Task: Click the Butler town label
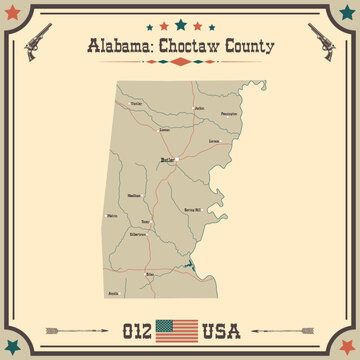pyautogui.click(x=168, y=159)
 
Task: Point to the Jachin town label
pyautogui.click(x=199, y=108)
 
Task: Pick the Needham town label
pyautogui.click(x=141, y=197)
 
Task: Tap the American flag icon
pyautogui.click(x=180, y=326)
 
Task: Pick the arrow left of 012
pyautogui.click(x=81, y=326)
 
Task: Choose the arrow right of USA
pyautogui.click(x=279, y=326)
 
